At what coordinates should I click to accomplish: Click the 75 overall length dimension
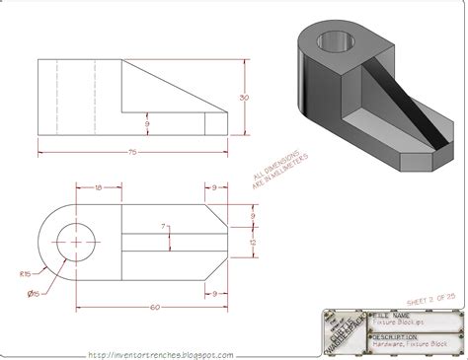pos(130,152)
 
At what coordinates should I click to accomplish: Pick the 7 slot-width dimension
pos(164,228)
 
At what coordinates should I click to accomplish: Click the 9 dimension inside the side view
pos(146,122)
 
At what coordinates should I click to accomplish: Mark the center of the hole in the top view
pos(75,239)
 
